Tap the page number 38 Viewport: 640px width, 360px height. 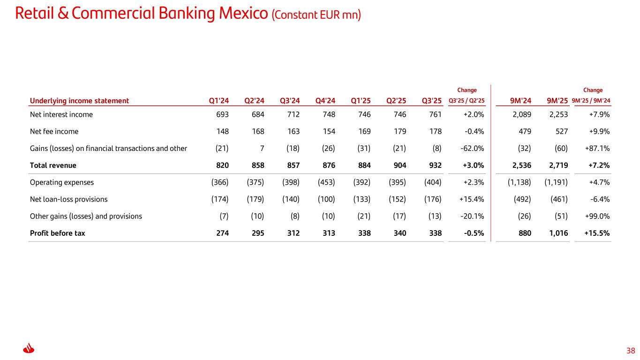[x=631, y=351]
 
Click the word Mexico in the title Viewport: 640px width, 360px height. [x=241, y=14]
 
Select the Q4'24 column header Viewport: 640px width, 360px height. [x=325, y=100]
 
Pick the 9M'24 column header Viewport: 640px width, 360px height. [x=520, y=100]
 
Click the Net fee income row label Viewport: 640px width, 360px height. [x=54, y=131]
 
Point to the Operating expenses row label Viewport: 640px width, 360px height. [x=61, y=182]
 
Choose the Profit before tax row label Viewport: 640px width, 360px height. [x=57, y=233]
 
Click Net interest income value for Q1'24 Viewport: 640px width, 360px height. [x=222, y=114]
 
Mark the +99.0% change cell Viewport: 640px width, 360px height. [x=597, y=216]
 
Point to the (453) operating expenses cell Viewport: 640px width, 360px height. [x=326, y=182]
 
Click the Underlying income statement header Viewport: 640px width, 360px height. [x=79, y=100]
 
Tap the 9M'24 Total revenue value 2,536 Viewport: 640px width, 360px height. [x=521, y=165]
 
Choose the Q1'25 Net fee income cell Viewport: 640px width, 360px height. [x=364, y=131]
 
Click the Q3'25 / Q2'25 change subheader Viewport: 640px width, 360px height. [x=467, y=100]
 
